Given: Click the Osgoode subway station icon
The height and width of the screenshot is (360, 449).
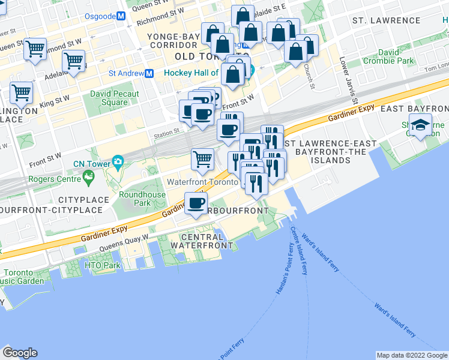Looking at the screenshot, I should point(121,16).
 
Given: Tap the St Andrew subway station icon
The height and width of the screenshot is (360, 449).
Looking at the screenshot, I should point(149,73).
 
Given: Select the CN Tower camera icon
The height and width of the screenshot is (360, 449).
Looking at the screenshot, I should point(118,161).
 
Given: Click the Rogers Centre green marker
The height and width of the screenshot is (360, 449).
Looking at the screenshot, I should point(89,176).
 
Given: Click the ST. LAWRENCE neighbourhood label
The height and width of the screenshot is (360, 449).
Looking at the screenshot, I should point(387,20).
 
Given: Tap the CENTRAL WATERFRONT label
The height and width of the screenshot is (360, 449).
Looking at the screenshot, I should point(201,241).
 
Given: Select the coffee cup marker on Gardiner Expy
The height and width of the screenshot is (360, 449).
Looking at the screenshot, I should point(196,204).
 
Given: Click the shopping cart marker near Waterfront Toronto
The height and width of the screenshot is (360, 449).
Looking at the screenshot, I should point(203,159).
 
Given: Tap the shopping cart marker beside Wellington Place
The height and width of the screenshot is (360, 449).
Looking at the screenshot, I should point(22,94).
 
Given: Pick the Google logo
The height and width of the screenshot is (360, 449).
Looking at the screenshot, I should point(20,353).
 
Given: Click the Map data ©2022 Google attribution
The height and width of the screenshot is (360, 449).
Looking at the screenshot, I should point(412,355).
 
